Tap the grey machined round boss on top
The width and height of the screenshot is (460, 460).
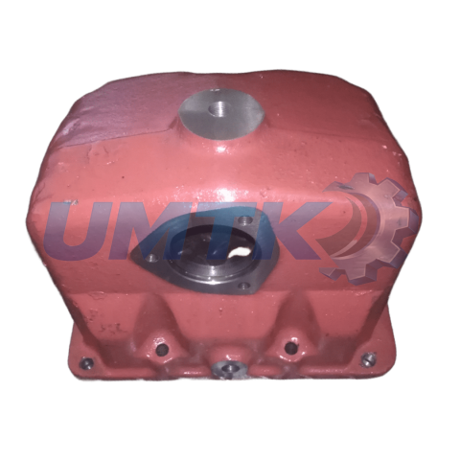pos(221,110)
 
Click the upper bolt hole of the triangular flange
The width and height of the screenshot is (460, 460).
pos(245,219)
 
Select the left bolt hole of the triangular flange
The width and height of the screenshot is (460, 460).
pos(152,256)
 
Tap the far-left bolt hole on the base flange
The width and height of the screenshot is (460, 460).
pos(86,362)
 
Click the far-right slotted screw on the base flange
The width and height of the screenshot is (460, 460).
pos(368,358)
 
